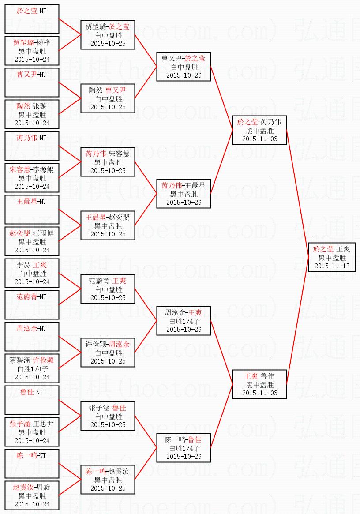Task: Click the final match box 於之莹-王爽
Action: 332,257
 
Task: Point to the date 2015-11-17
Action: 332,266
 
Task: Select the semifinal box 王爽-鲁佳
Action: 260,384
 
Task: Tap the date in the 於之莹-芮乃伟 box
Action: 260,139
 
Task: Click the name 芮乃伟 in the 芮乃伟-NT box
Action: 26,138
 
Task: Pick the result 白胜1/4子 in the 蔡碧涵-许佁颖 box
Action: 32,369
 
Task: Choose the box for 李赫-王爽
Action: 32,273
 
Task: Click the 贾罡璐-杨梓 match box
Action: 32,51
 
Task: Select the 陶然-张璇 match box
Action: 32,114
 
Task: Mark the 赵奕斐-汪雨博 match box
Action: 32,241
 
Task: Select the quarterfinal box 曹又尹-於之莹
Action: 184,67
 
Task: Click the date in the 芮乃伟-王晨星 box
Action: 184,203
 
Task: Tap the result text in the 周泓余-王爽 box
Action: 184,321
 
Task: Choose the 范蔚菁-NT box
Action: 32,304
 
